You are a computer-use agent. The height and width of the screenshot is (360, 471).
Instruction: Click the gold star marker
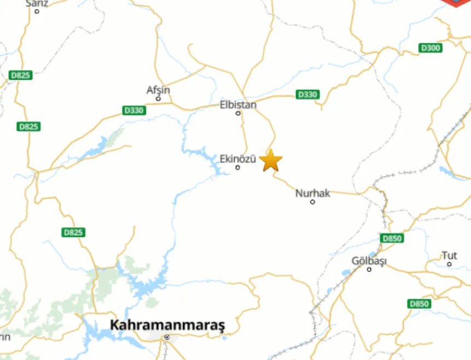coord(271,161)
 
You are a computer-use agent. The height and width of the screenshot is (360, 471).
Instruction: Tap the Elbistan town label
coord(238,104)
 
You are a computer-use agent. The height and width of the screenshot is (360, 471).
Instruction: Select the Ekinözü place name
coord(237,159)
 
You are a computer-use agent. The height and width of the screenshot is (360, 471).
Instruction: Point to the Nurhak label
coord(312,193)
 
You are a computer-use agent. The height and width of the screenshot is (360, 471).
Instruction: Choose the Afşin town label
coord(158,90)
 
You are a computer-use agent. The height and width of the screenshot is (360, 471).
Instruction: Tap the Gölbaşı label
coord(369,261)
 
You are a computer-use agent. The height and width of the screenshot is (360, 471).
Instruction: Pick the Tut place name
coord(449,256)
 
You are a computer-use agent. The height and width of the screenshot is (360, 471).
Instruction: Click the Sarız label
coord(37,3)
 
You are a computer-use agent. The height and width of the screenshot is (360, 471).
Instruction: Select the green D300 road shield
coord(431,48)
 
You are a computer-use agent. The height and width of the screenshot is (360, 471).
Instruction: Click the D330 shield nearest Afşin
coord(134,111)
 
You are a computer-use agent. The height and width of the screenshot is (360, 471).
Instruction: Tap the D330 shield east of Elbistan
coord(307,95)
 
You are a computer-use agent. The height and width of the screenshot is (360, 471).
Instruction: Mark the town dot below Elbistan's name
coord(238,113)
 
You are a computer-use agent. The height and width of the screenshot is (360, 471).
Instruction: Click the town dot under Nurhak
coord(312,202)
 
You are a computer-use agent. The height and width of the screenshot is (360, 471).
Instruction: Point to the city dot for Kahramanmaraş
coord(167,338)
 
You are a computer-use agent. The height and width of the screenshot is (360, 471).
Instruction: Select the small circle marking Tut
coord(449,264)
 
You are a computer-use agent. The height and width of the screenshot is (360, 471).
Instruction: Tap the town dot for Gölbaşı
coord(369,269)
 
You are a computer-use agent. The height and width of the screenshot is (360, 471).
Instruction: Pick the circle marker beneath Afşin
coord(158,99)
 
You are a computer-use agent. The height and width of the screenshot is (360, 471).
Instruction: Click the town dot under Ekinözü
coord(237,167)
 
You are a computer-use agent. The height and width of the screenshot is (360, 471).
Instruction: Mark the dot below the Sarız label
coord(37,11)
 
